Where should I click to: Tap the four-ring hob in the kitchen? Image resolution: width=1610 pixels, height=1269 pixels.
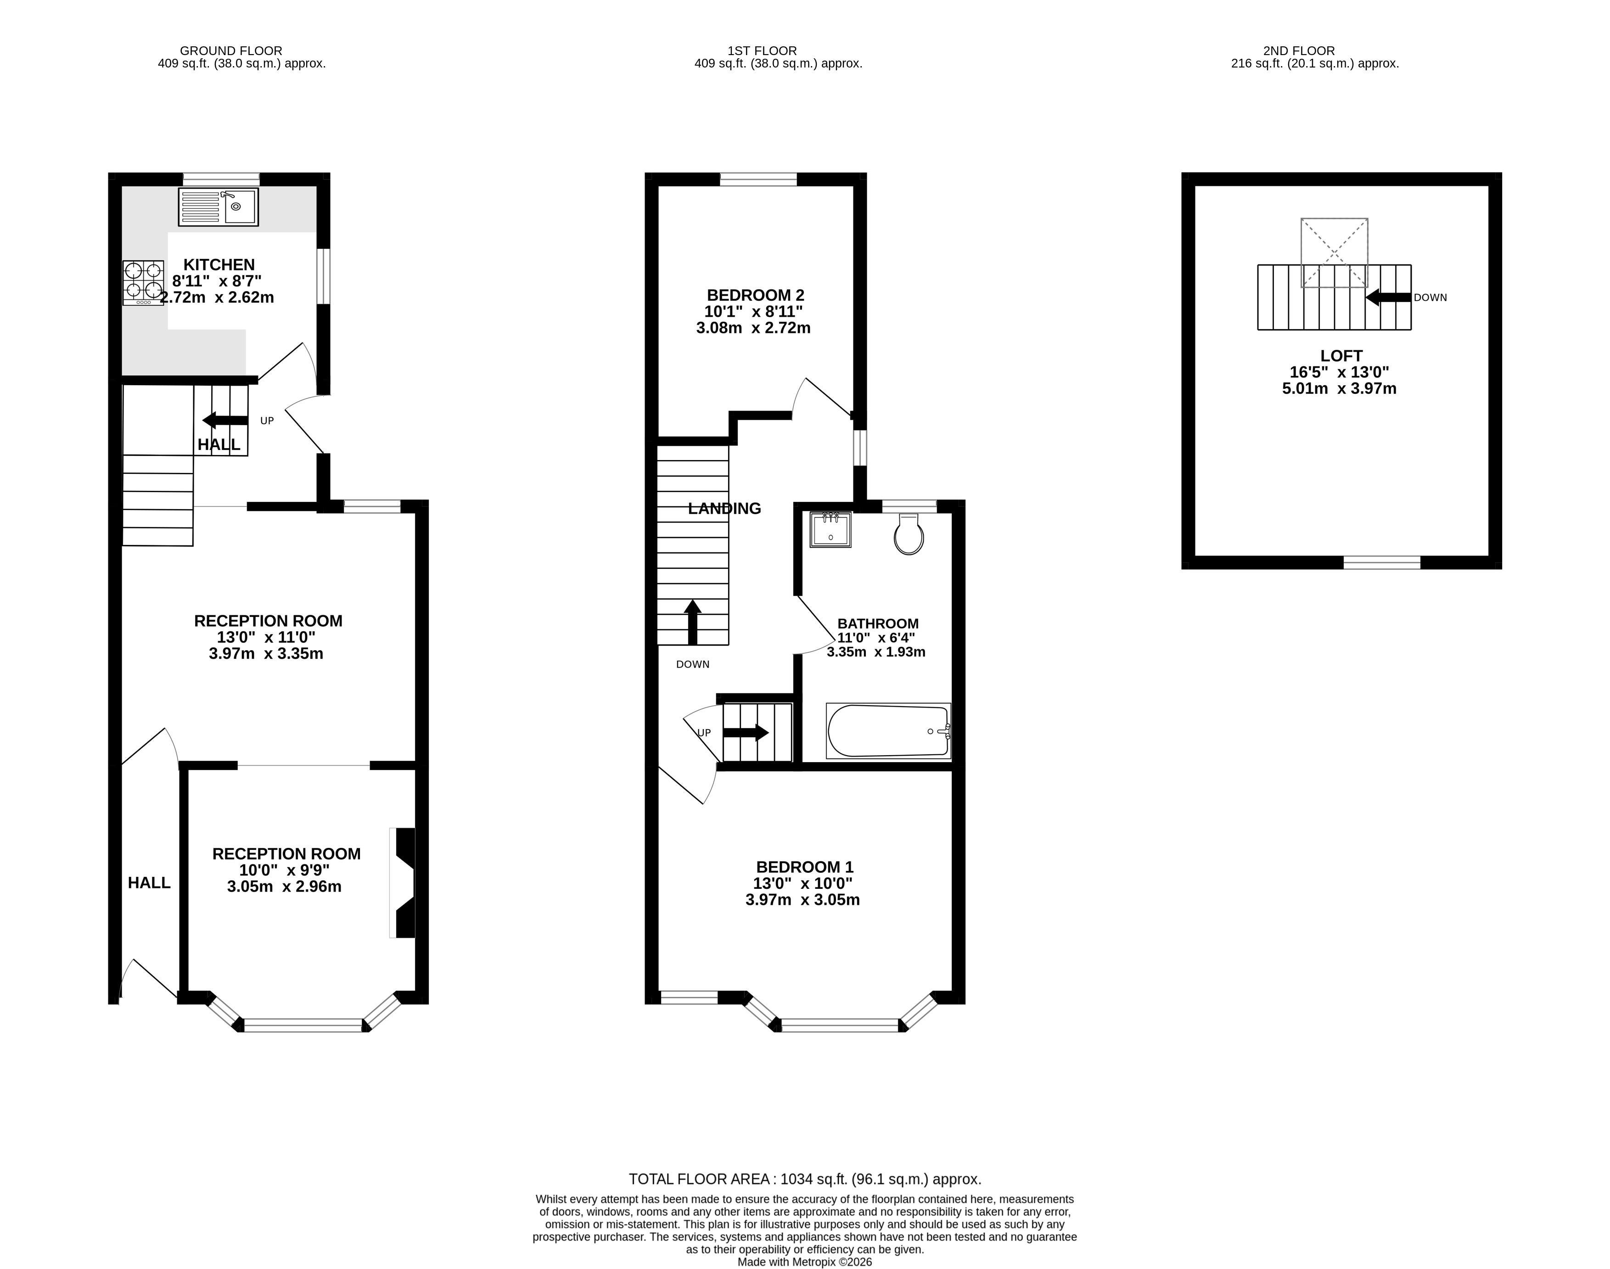tap(143, 282)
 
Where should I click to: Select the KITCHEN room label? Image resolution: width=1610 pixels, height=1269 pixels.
tap(219, 264)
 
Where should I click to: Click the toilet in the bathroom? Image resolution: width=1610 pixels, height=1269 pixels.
tap(909, 533)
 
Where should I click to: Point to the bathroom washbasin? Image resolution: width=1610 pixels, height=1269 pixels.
tap(830, 530)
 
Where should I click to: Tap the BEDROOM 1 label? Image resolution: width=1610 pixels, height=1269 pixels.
tap(805, 867)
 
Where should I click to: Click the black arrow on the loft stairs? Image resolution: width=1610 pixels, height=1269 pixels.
tap(1388, 297)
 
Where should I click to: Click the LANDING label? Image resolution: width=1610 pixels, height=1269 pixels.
tap(724, 509)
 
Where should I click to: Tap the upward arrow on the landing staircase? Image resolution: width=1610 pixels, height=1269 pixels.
tap(692, 622)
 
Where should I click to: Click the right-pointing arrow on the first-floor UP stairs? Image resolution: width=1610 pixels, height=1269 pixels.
tap(746, 733)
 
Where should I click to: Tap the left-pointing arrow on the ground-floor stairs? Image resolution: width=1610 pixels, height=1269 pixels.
tap(225, 421)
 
